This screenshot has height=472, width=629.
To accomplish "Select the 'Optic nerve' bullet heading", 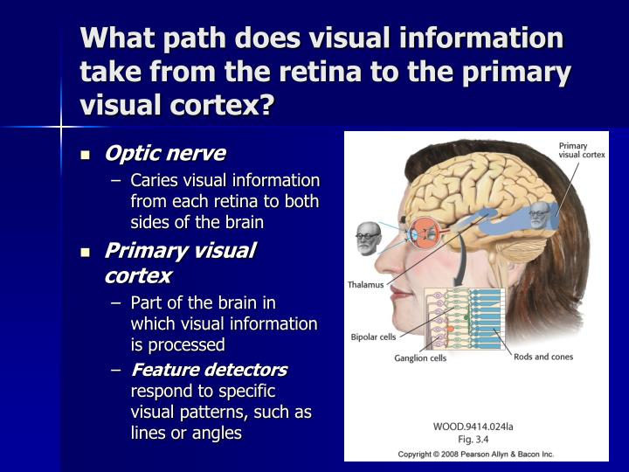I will (x=164, y=154).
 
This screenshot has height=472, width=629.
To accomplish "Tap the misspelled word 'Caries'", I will (x=156, y=181).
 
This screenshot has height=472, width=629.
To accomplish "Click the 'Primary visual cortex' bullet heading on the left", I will (x=178, y=263).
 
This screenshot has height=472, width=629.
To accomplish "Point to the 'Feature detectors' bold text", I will (x=209, y=370).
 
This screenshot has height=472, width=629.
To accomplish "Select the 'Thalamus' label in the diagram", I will (x=366, y=285).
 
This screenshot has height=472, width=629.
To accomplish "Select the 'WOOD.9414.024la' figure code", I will (x=473, y=427).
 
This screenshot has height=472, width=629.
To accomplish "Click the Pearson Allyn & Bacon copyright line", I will (x=476, y=455).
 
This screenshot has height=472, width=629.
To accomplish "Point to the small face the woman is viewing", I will (x=367, y=238).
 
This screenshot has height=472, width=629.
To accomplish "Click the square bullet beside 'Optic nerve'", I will (x=86, y=156).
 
